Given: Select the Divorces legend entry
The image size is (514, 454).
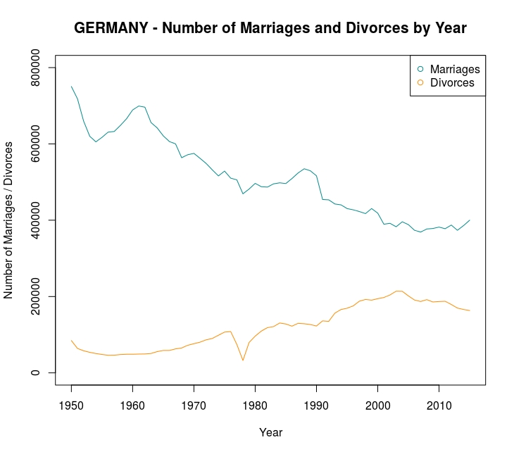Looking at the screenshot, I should click(x=452, y=82).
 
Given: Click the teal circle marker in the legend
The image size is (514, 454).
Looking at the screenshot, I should click(x=420, y=69).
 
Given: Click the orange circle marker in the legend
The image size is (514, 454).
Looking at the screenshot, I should click(x=420, y=82).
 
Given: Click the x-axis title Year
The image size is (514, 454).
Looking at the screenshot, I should click(x=270, y=433).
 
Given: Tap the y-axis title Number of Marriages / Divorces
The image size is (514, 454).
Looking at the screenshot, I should click(x=10, y=220).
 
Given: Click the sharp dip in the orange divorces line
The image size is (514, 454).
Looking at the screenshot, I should click(x=243, y=360).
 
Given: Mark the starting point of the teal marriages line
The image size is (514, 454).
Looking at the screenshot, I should click(x=71, y=87).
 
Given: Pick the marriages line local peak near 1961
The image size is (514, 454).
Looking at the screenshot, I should click(x=139, y=106).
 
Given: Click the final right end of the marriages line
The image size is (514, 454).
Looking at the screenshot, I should click(x=470, y=220).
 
